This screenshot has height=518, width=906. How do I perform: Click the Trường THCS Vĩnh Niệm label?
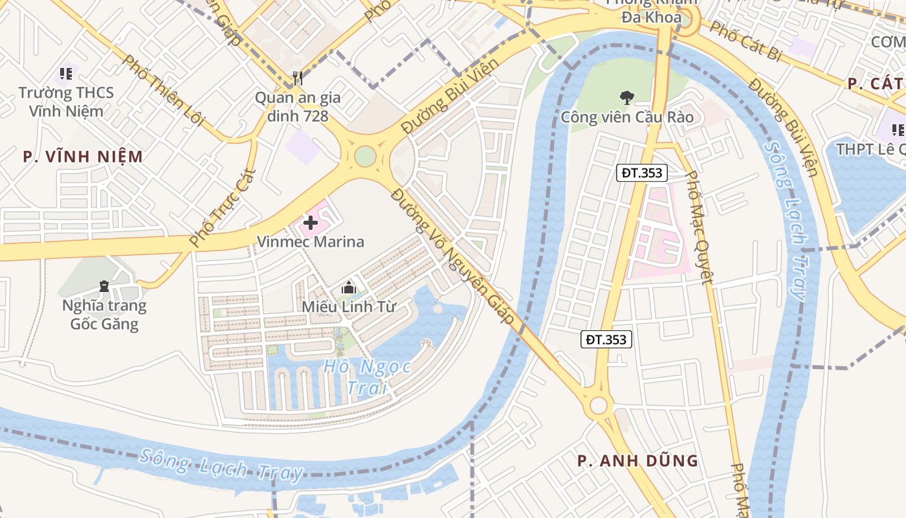click(x=65, y=102)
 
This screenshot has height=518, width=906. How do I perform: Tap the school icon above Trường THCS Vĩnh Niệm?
click(x=65, y=74)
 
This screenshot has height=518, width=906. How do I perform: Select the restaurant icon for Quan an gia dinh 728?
click(x=298, y=78)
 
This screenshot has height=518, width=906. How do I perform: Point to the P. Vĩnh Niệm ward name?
click(x=82, y=157)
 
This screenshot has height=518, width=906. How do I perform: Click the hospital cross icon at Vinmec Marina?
click(x=311, y=223)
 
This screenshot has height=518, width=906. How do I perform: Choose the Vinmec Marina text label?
click(x=311, y=242)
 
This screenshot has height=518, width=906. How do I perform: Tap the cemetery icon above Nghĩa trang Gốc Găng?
click(x=104, y=286)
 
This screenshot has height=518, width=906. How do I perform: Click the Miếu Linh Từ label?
click(x=348, y=306)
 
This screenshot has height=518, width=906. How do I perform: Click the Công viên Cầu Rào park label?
click(x=626, y=117)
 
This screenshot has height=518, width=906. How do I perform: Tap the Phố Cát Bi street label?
click(x=744, y=41)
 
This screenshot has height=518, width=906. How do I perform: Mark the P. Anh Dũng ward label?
click(x=637, y=461)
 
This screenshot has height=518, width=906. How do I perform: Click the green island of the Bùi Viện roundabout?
click(x=365, y=156)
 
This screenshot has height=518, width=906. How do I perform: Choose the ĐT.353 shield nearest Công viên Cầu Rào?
click(x=641, y=173)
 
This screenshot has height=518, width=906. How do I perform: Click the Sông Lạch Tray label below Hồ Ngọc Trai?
click(x=221, y=466)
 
